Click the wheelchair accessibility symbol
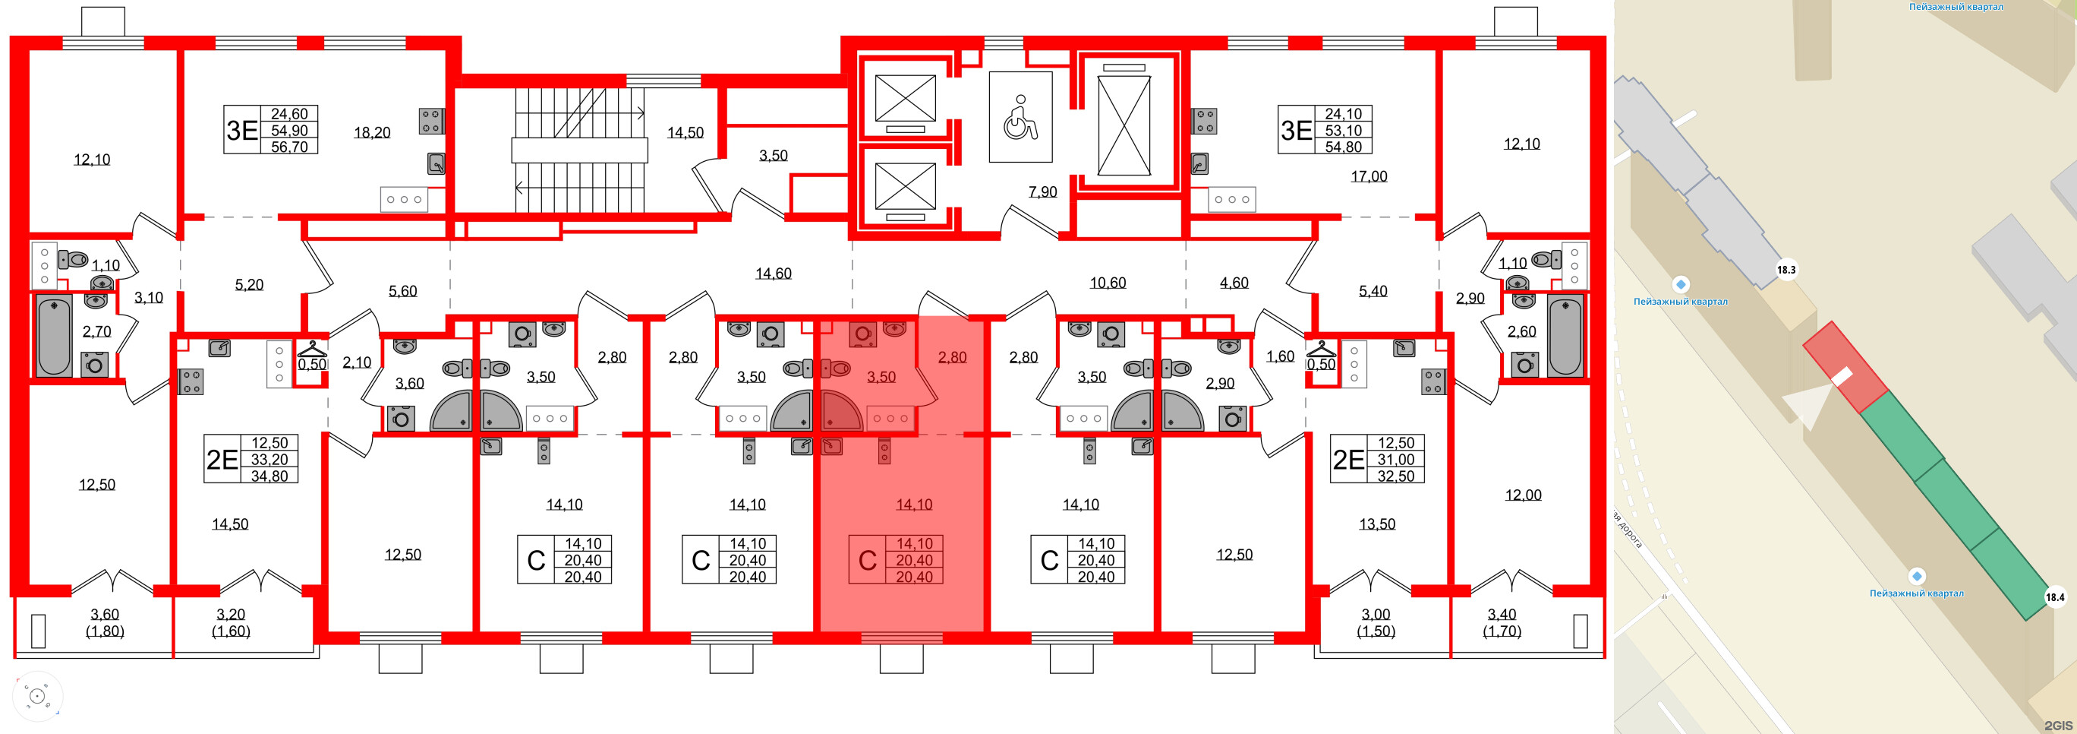pyautogui.click(x=1020, y=118)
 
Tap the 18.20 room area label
pyautogui.click(x=372, y=132)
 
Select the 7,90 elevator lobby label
pyautogui.click(x=1042, y=192)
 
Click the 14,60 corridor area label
pyautogui.click(x=774, y=274)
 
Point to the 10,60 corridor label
pyautogui.click(x=1108, y=283)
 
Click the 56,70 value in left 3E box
pyautogui.click(x=289, y=147)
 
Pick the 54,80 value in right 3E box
pyautogui.click(x=1343, y=147)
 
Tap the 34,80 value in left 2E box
pyautogui.click(x=269, y=476)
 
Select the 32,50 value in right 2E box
pyautogui.click(x=1396, y=476)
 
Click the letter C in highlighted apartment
pyautogui.click(x=868, y=561)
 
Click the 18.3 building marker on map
pyautogui.click(x=1786, y=271)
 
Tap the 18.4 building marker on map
pyautogui.click(x=2055, y=598)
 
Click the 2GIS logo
pyautogui.click(x=2061, y=725)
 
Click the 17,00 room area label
pyautogui.click(x=1369, y=176)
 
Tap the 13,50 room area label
pyautogui.click(x=1377, y=524)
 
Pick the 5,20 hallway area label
pyautogui.click(x=249, y=285)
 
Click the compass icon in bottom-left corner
pyautogui.click(x=37, y=696)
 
